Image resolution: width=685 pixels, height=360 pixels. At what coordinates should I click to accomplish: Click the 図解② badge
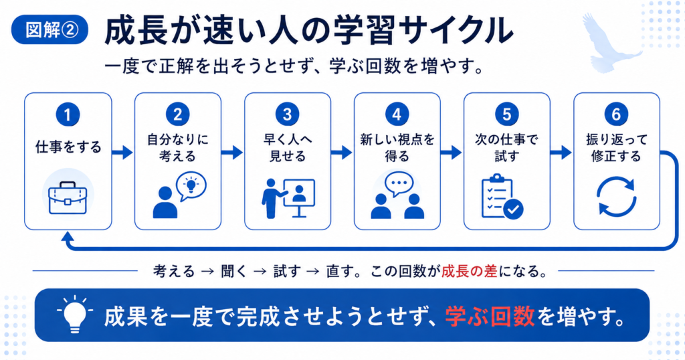click(50, 30)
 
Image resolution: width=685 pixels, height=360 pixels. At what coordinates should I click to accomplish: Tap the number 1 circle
click(68, 114)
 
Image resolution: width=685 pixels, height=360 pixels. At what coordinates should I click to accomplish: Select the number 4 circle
click(397, 114)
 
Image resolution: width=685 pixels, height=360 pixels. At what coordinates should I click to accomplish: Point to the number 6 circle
click(616, 114)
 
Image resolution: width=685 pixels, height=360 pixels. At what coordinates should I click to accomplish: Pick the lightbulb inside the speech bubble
click(191, 185)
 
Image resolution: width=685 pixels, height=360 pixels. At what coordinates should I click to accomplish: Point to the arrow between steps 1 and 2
click(122, 153)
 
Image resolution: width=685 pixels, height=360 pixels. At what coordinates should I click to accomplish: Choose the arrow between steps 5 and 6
click(561, 153)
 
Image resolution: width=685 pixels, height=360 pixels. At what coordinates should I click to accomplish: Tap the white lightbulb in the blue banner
click(75, 316)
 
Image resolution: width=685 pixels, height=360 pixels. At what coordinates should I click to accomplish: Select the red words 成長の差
click(469, 271)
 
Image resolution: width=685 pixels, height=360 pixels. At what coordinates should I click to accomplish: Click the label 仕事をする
click(68, 147)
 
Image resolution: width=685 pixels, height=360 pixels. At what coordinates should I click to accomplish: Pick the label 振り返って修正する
click(616, 148)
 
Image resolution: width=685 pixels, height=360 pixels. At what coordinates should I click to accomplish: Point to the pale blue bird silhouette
click(609, 42)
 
